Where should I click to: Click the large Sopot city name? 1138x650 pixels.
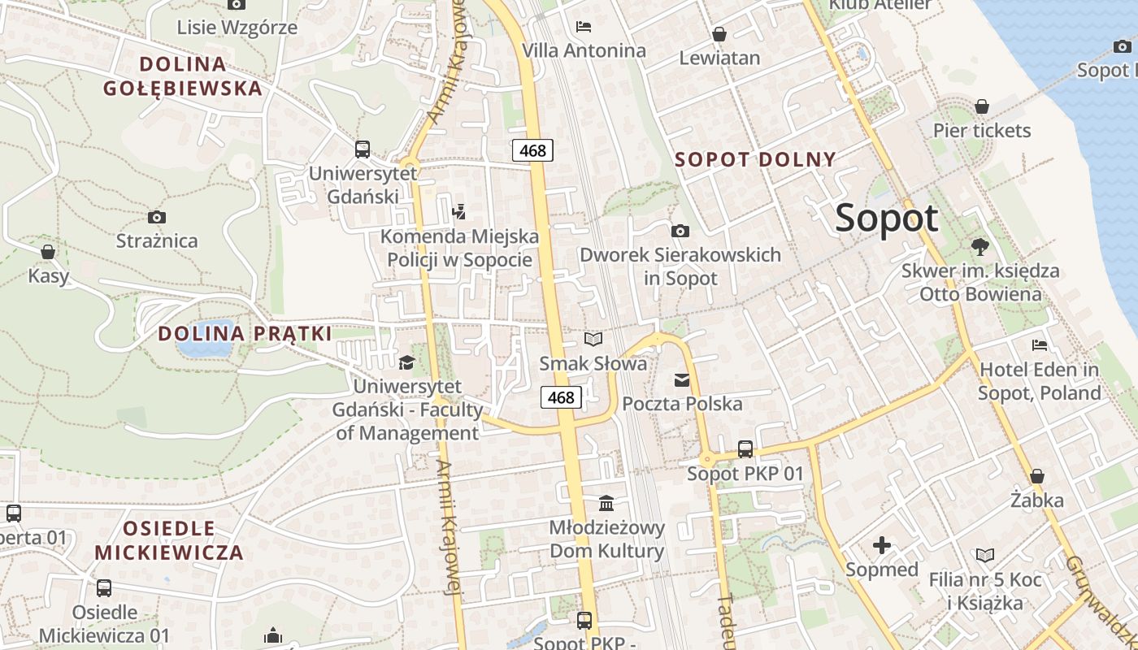[x=886, y=219]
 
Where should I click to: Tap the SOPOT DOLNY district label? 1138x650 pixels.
[x=755, y=159]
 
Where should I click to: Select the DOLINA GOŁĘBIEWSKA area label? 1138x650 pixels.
[x=183, y=76]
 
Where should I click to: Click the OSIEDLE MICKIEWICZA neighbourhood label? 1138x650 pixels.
[x=169, y=540]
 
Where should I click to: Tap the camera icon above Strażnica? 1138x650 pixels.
[x=157, y=217]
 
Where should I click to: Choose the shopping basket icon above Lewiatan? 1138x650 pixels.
[x=719, y=34]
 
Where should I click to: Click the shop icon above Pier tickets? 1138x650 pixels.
[x=982, y=106]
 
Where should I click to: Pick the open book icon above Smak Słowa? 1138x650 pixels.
[x=593, y=339]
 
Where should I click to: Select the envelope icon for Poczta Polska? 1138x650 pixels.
[x=681, y=379]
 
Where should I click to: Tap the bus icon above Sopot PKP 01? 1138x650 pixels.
[x=745, y=448]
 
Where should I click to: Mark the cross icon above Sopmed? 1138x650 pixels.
[x=882, y=545]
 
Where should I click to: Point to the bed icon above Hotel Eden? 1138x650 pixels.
[x=1039, y=345]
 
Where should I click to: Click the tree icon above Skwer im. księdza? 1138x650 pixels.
[x=980, y=246]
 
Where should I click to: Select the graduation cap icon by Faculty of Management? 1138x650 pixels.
[x=406, y=362]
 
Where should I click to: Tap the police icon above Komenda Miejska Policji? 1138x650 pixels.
[x=459, y=212]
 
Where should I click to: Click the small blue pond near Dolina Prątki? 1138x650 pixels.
[x=204, y=348]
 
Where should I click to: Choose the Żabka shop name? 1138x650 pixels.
[x=1036, y=500]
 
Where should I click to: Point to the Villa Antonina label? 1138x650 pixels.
[x=584, y=50]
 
